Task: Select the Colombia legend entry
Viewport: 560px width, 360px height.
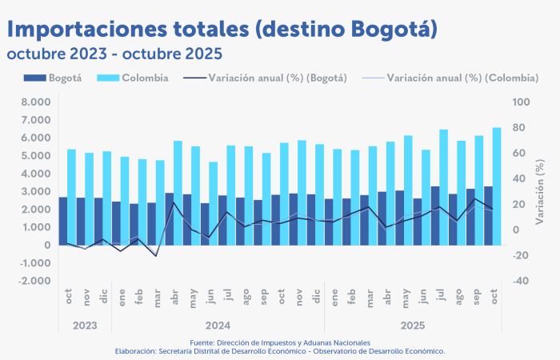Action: [x=144, y=78]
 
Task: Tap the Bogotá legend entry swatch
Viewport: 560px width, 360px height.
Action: [x=34, y=78]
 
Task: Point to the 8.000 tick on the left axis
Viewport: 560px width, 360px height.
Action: [x=36, y=102]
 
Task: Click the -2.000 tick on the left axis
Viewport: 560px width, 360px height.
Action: [x=34, y=282]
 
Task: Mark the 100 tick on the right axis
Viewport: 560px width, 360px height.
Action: [x=520, y=102]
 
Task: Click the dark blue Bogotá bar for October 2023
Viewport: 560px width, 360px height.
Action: [x=63, y=221]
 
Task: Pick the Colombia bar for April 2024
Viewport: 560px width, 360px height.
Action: [x=178, y=193]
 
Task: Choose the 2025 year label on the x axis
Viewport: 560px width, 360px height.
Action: [x=412, y=326]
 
